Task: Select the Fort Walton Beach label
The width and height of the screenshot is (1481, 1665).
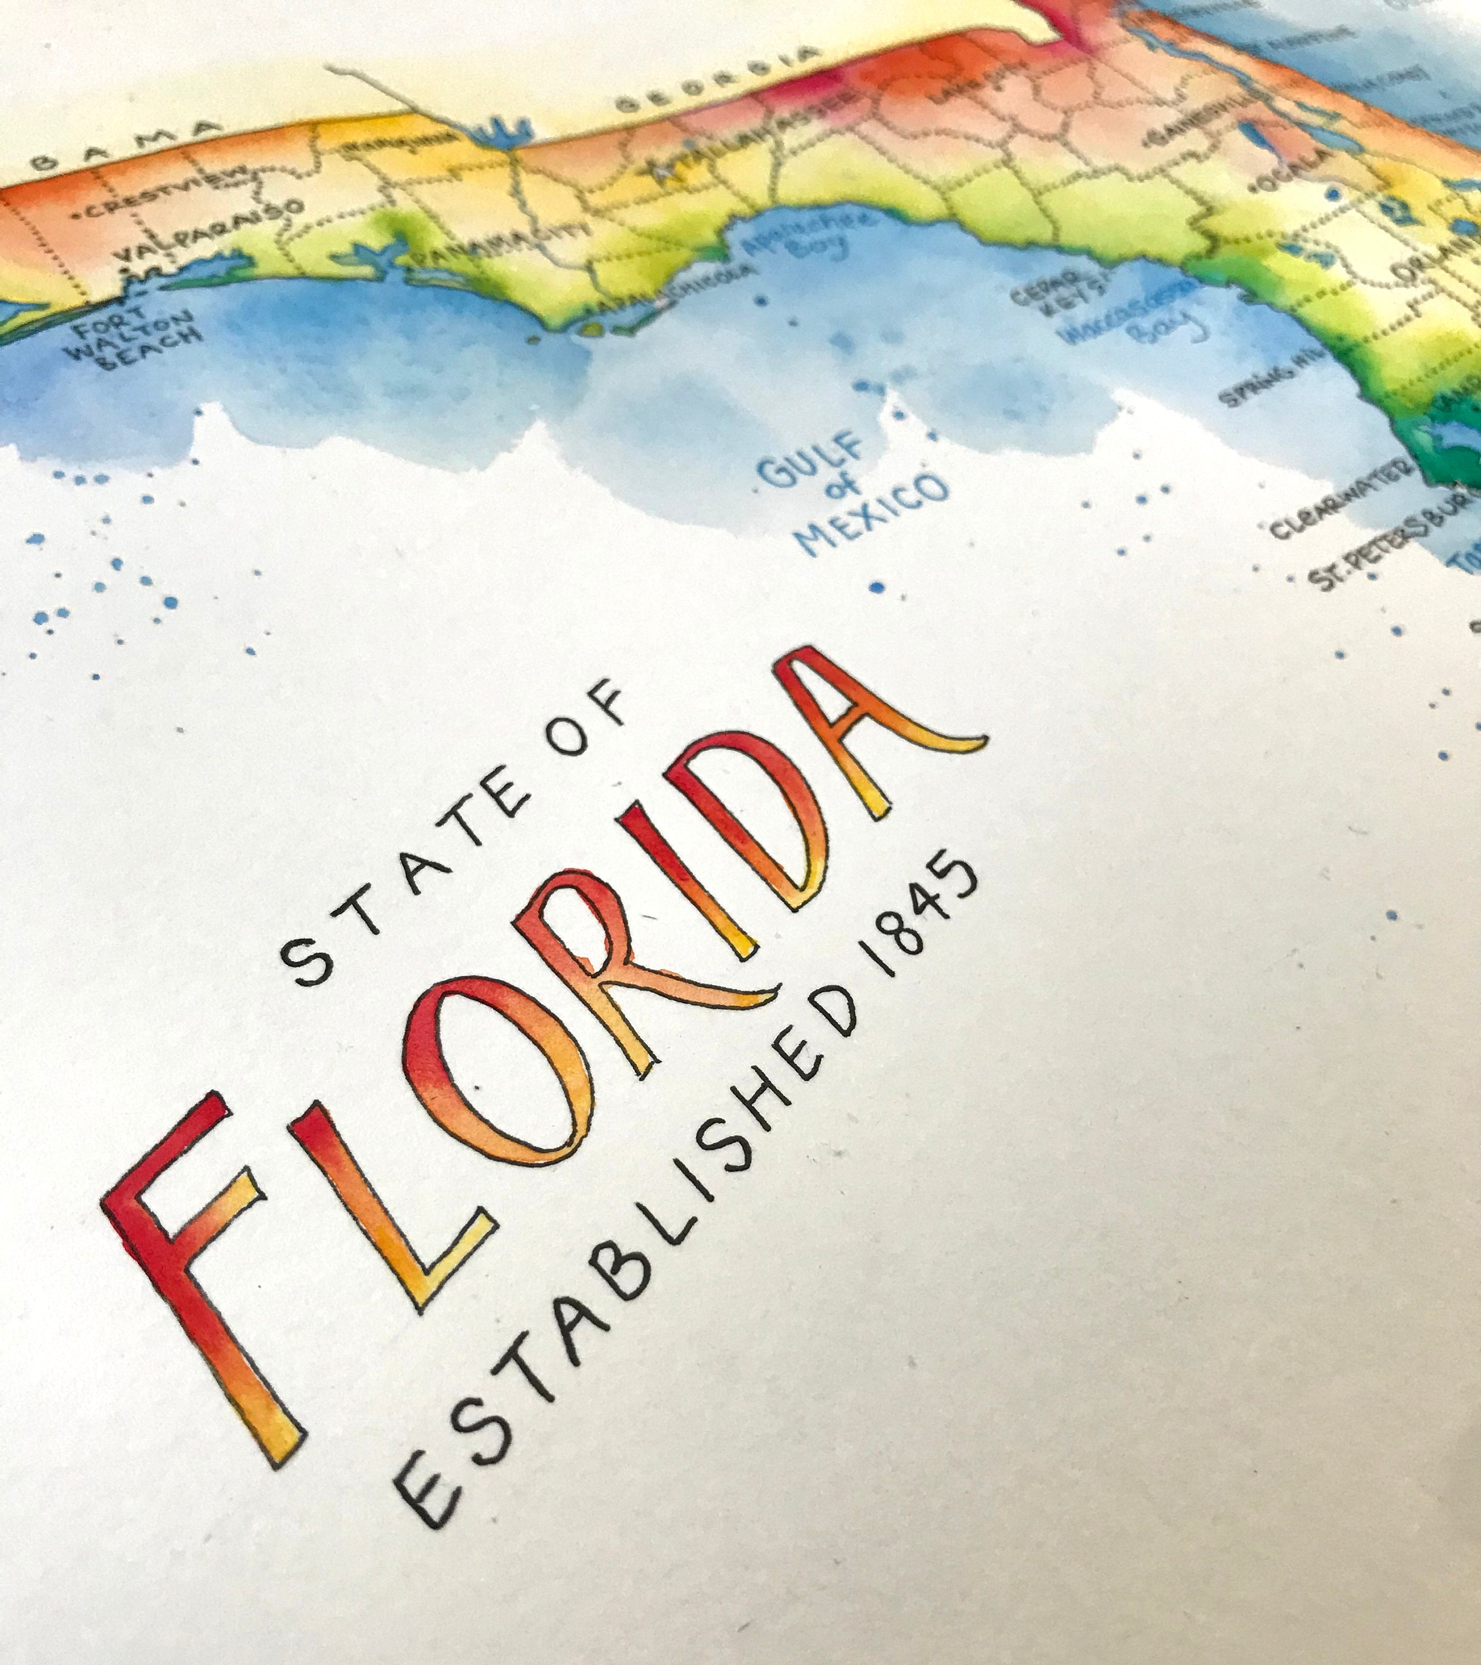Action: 137,336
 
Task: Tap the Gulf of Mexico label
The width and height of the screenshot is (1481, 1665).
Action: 856,495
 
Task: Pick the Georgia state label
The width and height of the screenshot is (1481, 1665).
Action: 717,80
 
